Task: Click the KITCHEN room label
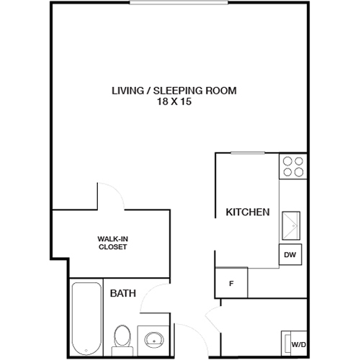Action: [248, 212]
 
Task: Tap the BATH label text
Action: [122, 294]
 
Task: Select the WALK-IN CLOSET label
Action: [112, 242]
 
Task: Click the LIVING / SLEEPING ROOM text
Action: [174, 91]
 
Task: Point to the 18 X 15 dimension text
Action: [174, 103]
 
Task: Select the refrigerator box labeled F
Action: [231, 282]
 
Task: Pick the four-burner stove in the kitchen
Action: [293, 166]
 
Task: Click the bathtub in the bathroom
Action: [86, 317]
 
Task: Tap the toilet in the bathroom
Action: [122, 337]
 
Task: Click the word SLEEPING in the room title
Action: [178, 91]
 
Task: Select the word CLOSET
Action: [112, 247]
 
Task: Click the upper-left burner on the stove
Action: [287, 161]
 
